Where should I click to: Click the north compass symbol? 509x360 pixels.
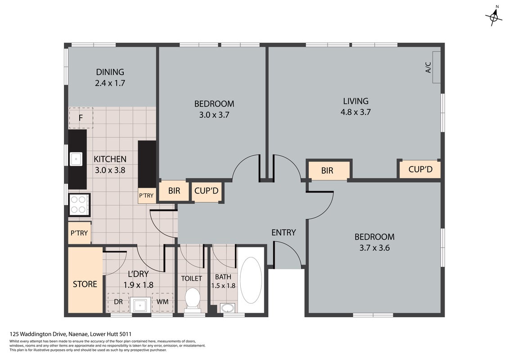coord(493,16)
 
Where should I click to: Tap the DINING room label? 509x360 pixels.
coord(110,72)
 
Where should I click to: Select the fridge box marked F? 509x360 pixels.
coord(81,118)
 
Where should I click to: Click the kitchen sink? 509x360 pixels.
coord(76,159)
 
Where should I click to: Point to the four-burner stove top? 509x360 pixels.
coord(79,205)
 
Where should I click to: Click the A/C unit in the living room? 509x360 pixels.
coord(436,67)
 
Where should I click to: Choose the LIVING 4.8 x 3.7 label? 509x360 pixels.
coord(356,107)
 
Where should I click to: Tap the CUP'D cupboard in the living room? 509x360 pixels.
coord(420,169)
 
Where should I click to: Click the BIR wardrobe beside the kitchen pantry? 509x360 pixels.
coord(174,190)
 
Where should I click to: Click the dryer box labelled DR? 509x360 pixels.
coord(118,302)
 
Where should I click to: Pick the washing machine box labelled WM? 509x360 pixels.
coord(162,302)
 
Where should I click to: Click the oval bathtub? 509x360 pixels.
coord(251,280)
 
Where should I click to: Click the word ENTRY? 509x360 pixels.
coord(284,233)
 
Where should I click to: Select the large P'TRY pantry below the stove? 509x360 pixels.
coord(80,233)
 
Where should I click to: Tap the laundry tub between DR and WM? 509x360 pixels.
coord(140,305)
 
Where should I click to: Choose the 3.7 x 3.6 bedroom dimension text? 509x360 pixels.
coord(374,248)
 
